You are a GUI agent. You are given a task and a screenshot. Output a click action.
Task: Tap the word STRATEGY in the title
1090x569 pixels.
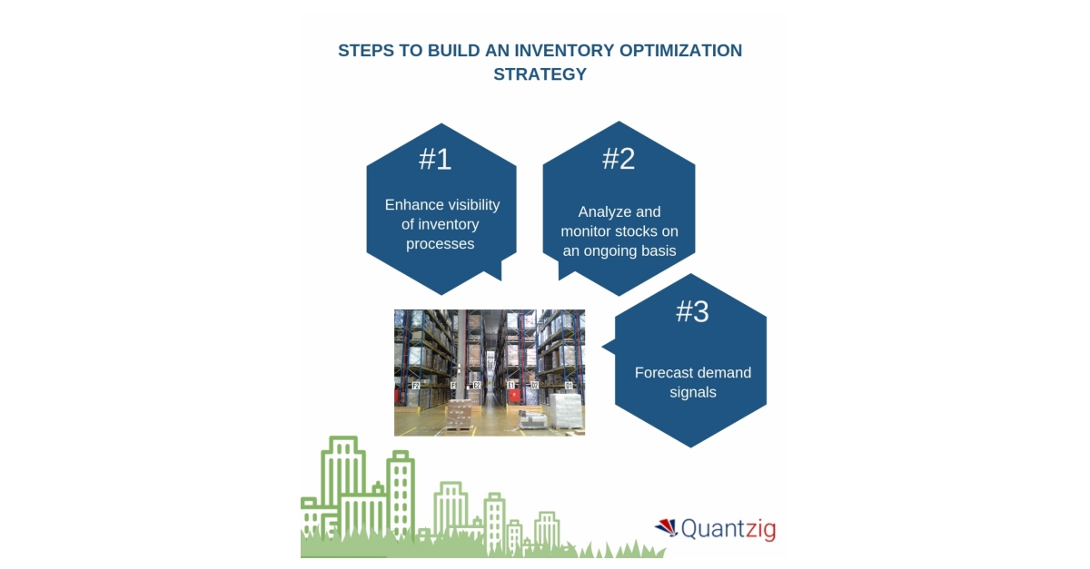540,74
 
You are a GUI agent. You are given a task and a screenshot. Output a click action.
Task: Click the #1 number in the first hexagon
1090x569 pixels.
435,160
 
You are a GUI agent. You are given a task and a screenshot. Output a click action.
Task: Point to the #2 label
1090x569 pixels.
619,159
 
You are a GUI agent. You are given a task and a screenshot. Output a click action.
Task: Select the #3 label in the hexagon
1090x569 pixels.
692,311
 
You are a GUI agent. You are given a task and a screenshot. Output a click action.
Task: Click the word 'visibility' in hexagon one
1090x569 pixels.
471,204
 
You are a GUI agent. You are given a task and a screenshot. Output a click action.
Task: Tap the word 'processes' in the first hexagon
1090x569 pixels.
441,244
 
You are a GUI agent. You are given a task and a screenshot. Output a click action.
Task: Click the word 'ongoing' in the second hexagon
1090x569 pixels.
618,250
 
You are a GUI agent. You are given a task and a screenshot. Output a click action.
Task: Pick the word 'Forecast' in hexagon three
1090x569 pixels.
666,373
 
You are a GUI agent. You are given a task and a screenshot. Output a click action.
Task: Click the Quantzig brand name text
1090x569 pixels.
728,528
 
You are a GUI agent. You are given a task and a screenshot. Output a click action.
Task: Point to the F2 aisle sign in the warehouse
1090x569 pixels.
416,386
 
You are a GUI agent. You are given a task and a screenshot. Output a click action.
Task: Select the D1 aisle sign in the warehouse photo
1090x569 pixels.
570,386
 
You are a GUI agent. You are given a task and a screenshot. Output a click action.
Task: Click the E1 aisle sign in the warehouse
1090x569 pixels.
511,386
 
